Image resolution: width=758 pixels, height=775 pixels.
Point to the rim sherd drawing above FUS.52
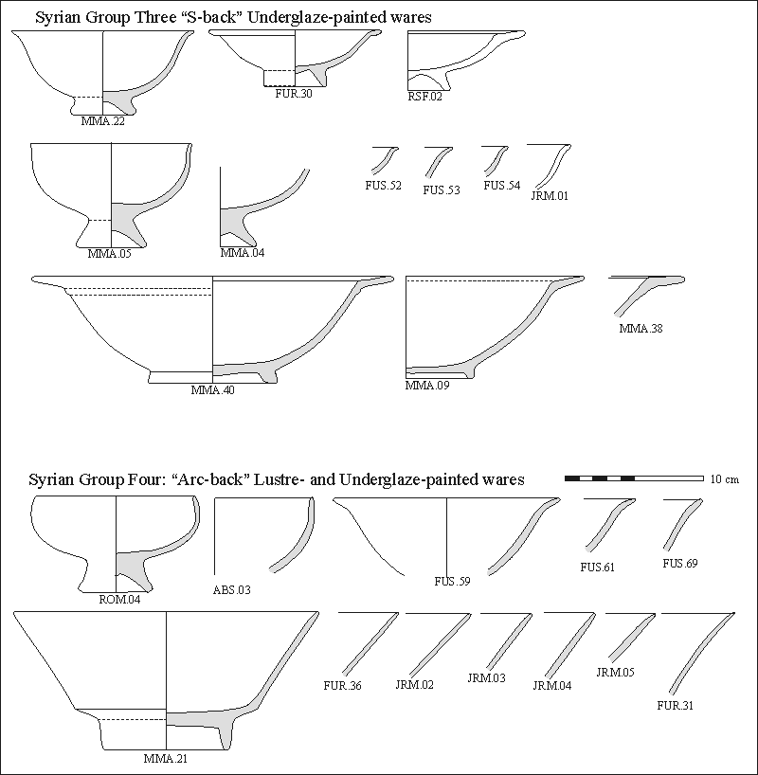click(383, 158)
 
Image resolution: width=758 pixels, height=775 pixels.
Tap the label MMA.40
click(212, 389)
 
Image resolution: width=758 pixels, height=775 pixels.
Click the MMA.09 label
click(426, 386)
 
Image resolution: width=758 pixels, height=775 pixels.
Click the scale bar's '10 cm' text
click(724, 479)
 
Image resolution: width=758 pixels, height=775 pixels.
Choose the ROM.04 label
click(119, 598)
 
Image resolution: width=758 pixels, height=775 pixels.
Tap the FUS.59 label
click(452, 581)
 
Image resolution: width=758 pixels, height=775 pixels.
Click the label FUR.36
click(341, 684)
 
